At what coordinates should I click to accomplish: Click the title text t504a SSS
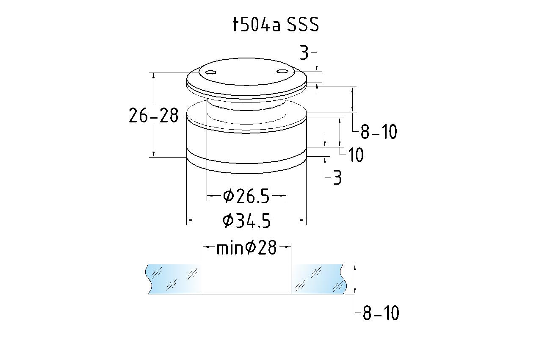click(x=276, y=25)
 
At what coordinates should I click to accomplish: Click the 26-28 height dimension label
click(x=154, y=115)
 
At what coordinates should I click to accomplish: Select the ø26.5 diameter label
click(x=246, y=196)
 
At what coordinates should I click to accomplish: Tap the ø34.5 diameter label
click(x=246, y=221)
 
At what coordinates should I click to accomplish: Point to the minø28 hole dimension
click(x=246, y=248)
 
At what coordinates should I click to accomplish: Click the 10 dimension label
click(x=356, y=155)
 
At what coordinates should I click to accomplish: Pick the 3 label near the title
click(x=304, y=53)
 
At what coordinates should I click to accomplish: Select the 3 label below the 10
click(x=337, y=177)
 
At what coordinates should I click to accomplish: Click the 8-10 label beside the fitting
click(x=379, y=132)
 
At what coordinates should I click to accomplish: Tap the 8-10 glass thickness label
click(x=381, y=313)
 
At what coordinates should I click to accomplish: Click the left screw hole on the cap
click(x=210, y=72)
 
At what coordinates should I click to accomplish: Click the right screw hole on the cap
click(x=282, y=71)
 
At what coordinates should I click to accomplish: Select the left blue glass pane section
click(x=174, y=279)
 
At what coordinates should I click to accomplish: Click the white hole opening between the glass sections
click(x=247, y=279)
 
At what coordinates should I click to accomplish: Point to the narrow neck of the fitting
click(x=246, y=106)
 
